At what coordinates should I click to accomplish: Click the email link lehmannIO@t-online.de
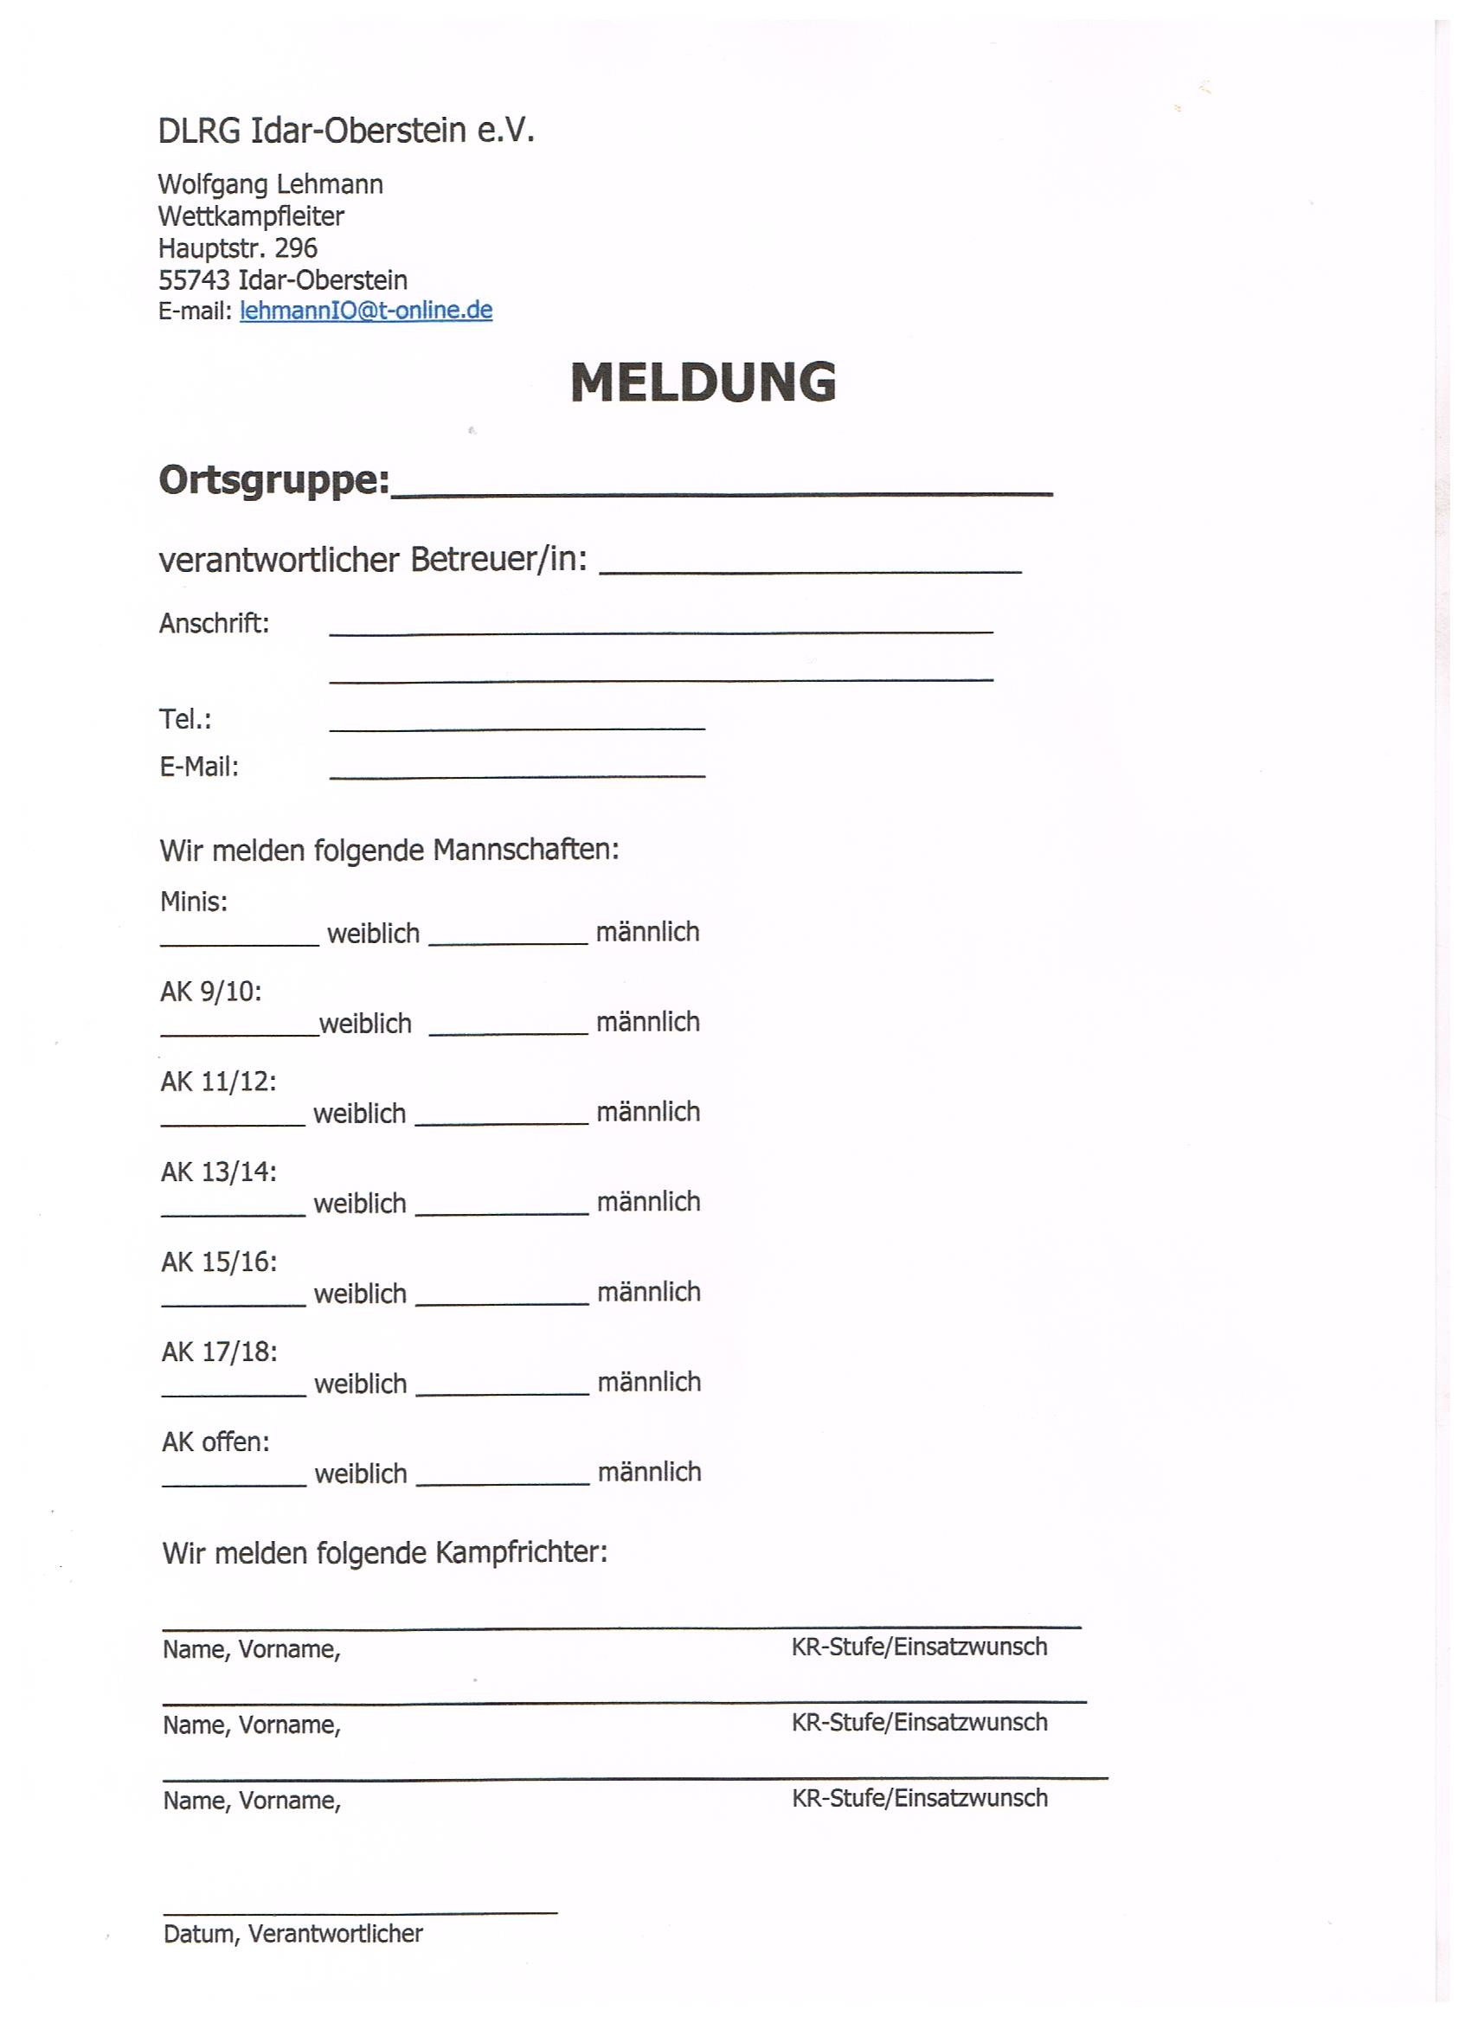[x=366, y=311]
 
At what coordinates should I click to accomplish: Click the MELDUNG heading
[x=703, y=382]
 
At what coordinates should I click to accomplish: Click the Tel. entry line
[x=517, y=728]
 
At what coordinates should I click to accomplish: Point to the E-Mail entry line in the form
[x=517, y=775]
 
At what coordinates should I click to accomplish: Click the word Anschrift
[x=214, y=623]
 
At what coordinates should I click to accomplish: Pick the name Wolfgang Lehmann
[x=270, y=184]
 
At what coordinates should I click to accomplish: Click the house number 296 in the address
[x=295, y=248]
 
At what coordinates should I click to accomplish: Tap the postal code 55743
[x=194, y=280]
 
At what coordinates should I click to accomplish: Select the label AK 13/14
[x=219, y=1172]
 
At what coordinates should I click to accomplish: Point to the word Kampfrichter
[x=521, y=1553]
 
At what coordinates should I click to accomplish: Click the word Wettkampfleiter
[x=251, y=215]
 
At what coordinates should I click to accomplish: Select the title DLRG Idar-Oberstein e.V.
[x=346, y=132]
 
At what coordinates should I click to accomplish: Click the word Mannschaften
[x=525, y=849]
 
